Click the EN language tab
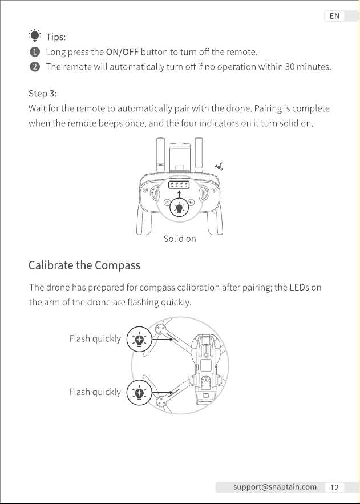tap(334, 16)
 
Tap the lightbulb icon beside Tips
tap(35, 35)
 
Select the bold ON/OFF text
tap(122, 52)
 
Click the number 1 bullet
tap(35, 52)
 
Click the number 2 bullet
tap(35, 67)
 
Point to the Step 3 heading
tap(43, 94)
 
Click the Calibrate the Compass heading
tap(84, 265)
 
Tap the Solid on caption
tap(180, 239)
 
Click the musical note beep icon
tap(219, 167)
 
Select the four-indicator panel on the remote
tap(179, 185)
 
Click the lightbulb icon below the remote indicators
tap(179, 208)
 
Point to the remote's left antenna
tap(160, 155)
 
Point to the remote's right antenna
tap(199, 155)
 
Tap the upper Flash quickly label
tap(95, 339)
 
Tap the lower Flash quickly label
tap(95, 392)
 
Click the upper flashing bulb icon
tap(139, 340)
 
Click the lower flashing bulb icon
tap(139, 393)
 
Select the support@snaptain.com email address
tap(275, 487)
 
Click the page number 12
tap(334, 487)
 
